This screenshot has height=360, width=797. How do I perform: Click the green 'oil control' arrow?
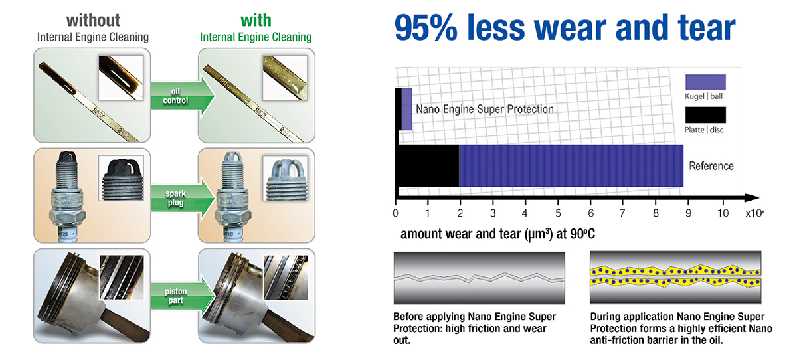click(x=182, y=96)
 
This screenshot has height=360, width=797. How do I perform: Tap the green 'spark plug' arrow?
click(x=182, y=198)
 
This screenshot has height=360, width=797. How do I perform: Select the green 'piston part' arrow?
click(x=182, y=296)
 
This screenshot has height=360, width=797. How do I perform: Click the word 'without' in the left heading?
click(x=93, y=21)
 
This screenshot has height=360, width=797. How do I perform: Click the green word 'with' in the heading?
click(x=256, y=21)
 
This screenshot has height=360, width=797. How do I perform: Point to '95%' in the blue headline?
click(x=426, y=27)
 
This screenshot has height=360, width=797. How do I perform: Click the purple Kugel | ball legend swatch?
click(x=705, y=82)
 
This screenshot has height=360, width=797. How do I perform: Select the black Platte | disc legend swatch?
click(x=705, y=115)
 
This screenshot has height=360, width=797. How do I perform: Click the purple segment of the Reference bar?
click(x=571, y=166)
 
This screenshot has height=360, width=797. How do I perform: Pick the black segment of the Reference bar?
click(x=428, y=166)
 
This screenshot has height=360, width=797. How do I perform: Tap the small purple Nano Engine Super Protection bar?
click(x=406, y=109)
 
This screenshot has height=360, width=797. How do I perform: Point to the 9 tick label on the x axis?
click(x=688, y=213)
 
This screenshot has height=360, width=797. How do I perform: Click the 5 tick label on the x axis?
click(x=558, y=213)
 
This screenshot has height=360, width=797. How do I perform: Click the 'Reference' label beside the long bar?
click(x=711, y=166)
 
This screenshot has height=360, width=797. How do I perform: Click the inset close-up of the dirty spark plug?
click(x=121, y=178)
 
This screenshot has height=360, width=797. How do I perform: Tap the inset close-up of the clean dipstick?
click(x=285, y=78)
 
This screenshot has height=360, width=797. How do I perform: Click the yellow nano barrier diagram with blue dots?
click(x=675, y=277)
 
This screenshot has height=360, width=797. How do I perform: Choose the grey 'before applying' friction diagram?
click(x=479, y=278)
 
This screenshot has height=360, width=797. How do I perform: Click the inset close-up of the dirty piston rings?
click(x=122, y=277)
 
